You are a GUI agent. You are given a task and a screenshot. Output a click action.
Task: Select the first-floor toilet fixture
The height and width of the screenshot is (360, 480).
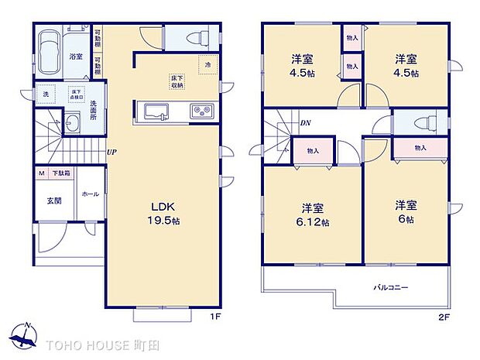tap(189, 37)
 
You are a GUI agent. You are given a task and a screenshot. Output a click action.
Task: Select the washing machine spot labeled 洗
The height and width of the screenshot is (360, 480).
tap(46, 95)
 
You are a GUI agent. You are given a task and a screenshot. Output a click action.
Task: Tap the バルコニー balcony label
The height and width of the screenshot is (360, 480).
tap(391, 288)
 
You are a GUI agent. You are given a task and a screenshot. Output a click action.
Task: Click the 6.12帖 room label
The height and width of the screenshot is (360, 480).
tap(313, 215)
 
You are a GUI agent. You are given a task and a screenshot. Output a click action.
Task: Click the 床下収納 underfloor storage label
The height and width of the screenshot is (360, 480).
tap(178, 83)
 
